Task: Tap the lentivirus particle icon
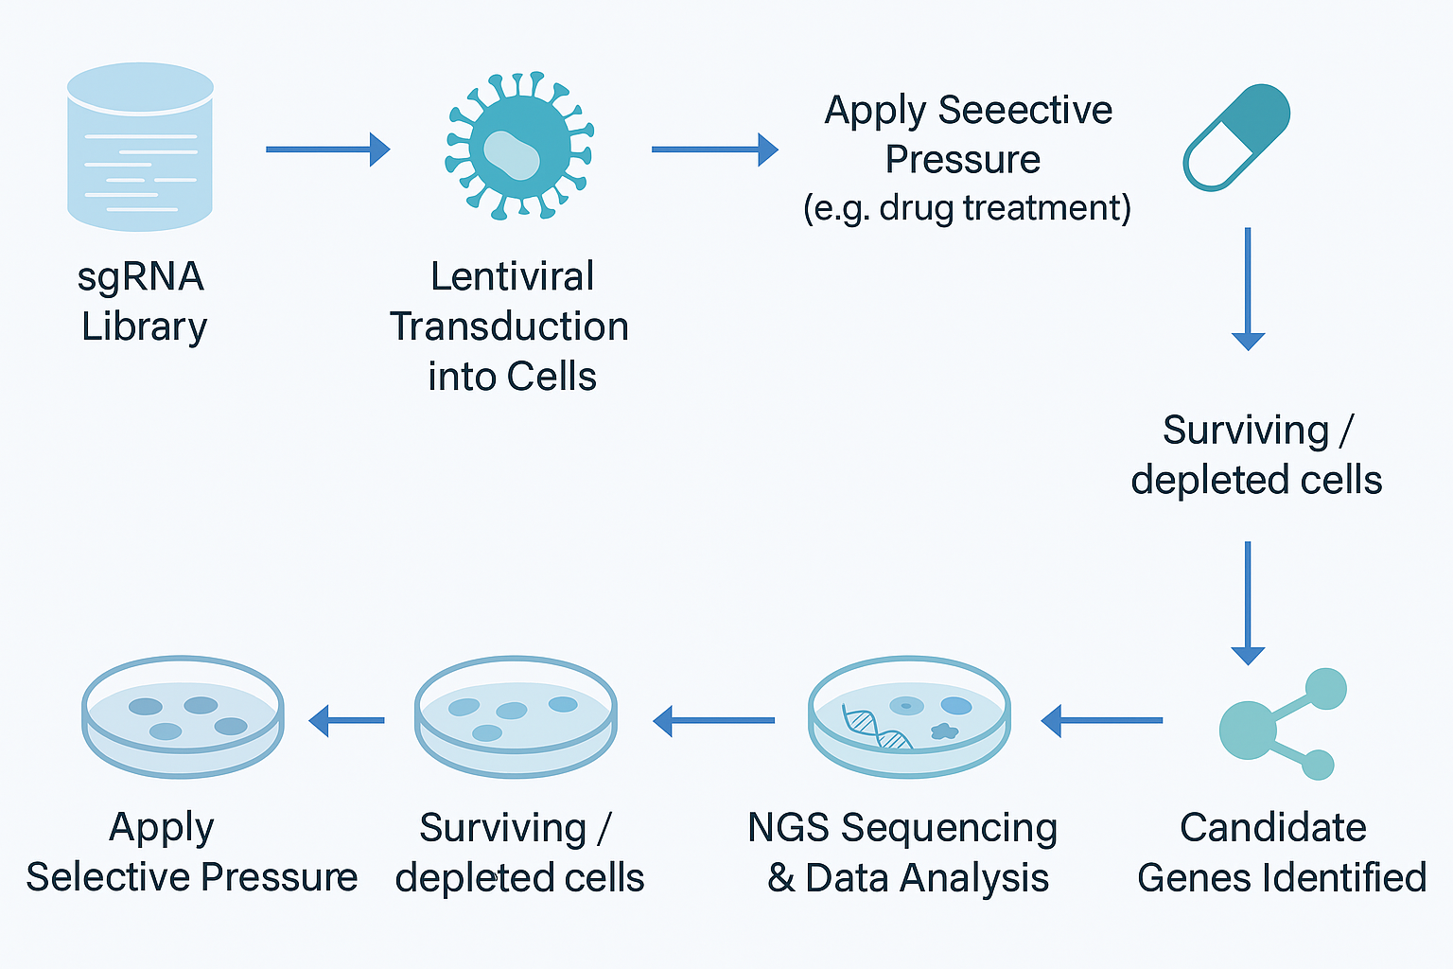point(519,147)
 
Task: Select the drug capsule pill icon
point(1236,137)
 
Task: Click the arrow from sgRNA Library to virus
point(327,150)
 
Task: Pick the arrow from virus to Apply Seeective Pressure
point(714,150)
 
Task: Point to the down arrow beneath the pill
point(1248,289)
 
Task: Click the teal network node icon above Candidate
point(1279,725)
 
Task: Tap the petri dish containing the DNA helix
point(909,716)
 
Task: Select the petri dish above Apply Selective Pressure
point(183,716)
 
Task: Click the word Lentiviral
point(512,276)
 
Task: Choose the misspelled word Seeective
point(1025,110)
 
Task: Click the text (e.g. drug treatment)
point(967,207)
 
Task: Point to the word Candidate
point(1272,827)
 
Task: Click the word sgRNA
point(140,276)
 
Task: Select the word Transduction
point(509,326)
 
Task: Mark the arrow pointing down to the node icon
point(1248,603)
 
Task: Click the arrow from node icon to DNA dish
point(1101,721)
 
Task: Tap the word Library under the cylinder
point(144,326)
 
